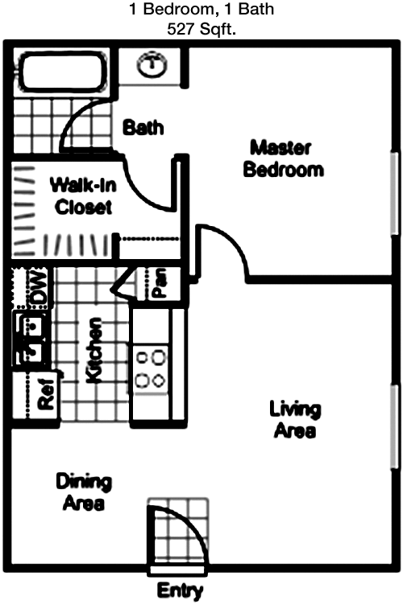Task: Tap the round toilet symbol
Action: click(x=152, y=65)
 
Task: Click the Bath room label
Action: click(x=143, y=127)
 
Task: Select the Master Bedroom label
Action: click(x=283, y=158)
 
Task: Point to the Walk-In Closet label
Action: click(x=83, y=195)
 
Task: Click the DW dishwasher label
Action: click(x=39, y=288)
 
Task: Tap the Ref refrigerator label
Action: click(x=46, y=393)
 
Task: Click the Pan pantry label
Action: click(x=160, y=283)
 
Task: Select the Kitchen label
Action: click(x=93, y=350)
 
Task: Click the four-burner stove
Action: click(x=150, y=369)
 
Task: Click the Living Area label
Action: click(x=295, y=420)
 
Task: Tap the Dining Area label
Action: click(x=84, y=492)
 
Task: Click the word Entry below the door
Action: click(x=180, y=591)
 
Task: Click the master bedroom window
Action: click(x=394, y=193)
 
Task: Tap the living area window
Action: click(x=394, y=426)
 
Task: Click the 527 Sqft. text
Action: click(x=201, y=29)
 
